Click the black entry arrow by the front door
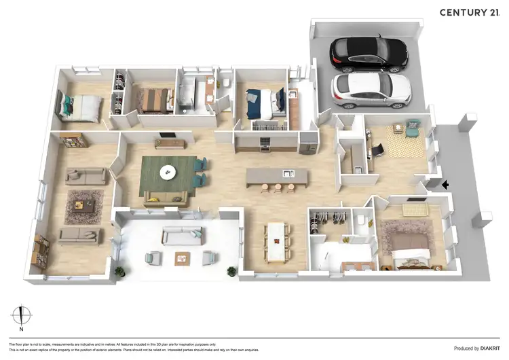[x=445, y=184]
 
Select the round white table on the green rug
[x=166, y=173]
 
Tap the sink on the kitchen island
[x=288, y=173]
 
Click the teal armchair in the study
[x=412, y=127]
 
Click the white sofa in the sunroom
[x=182, y=236]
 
